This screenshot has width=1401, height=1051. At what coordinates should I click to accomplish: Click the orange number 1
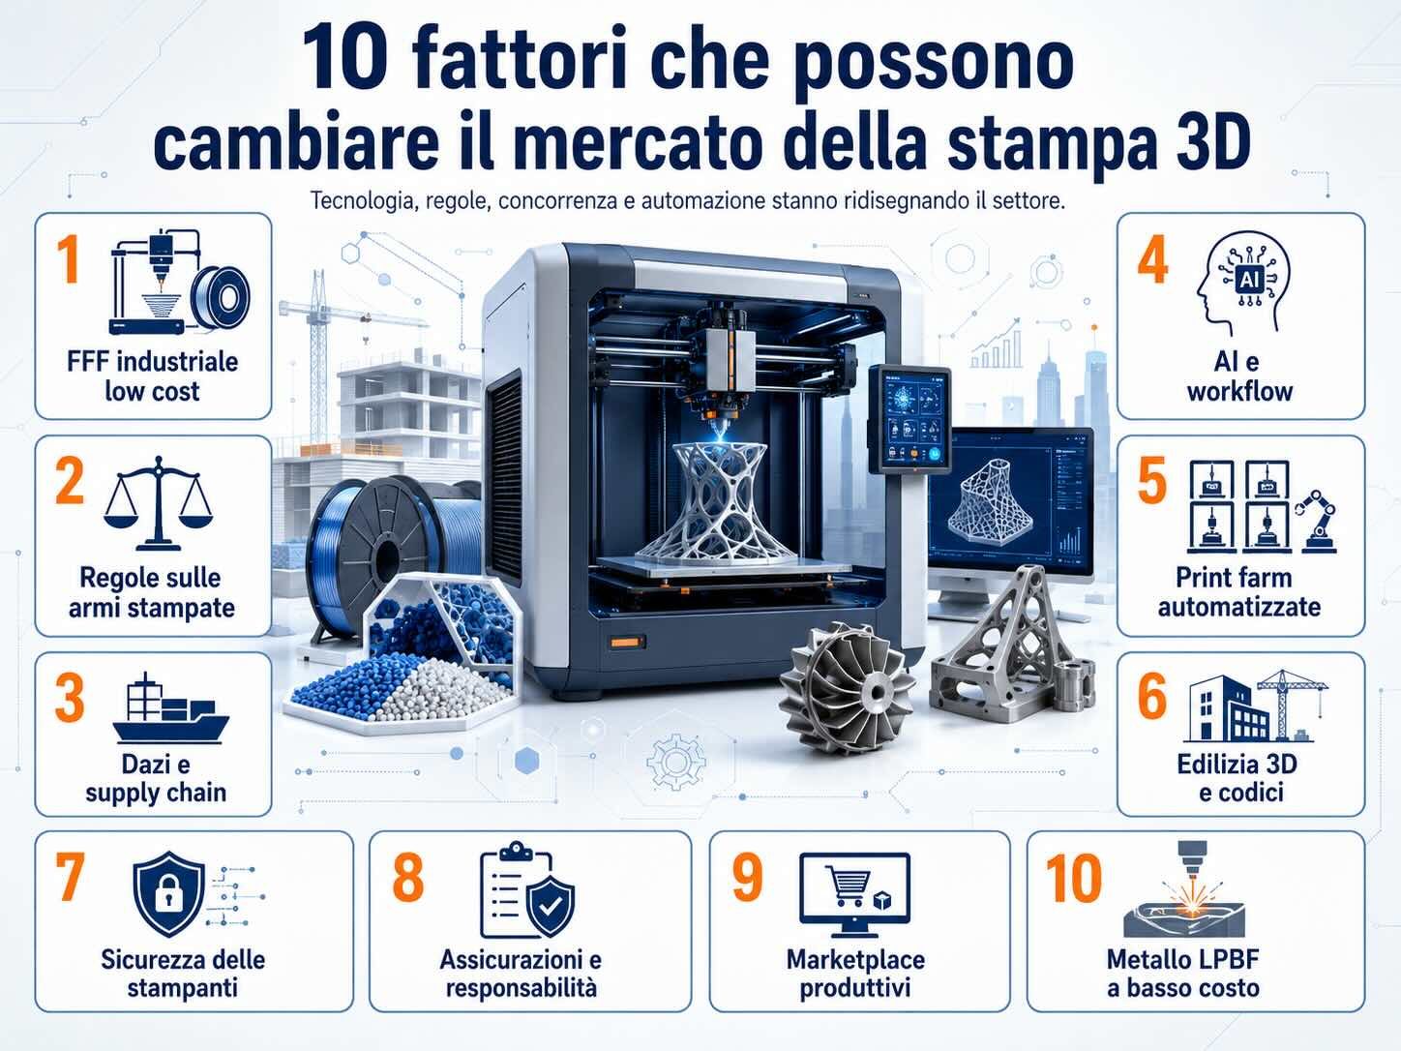coord(68,258)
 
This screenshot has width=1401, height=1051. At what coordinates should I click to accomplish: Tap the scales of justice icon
coord(157,503)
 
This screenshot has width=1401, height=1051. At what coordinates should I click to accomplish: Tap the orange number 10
coord(1074,879)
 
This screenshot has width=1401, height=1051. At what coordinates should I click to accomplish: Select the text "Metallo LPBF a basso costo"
coord(1183,974)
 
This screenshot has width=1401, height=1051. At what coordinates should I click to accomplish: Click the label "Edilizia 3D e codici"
coord(1237,778)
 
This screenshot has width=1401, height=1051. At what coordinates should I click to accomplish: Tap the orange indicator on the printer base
coord(625,642)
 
